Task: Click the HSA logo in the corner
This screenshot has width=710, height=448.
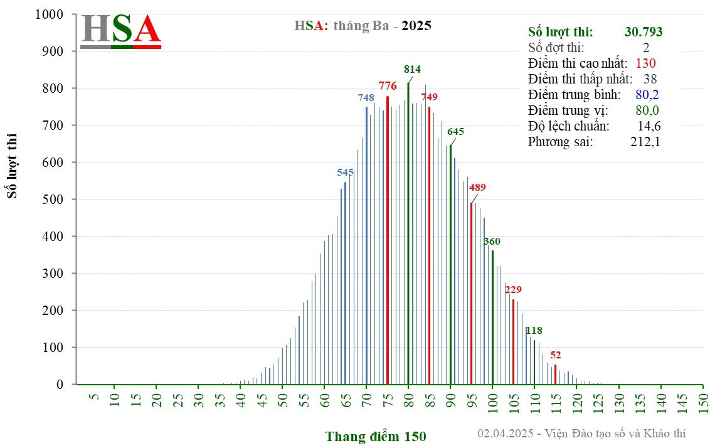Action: point(121,29)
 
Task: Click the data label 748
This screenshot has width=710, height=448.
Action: point(366,97)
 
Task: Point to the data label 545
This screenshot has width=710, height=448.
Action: point(346,172)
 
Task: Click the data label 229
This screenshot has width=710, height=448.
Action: point(513,289)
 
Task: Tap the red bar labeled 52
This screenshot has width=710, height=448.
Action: point(555,375)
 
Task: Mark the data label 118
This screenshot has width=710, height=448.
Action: point(534,330)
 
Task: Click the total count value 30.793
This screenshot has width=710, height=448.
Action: point(644,32)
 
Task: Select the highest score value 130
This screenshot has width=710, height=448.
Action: point(645,63)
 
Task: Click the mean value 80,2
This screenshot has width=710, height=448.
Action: point(647,95)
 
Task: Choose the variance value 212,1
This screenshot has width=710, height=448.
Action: point(645,142)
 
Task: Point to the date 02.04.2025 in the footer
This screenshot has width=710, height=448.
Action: point(505,434)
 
